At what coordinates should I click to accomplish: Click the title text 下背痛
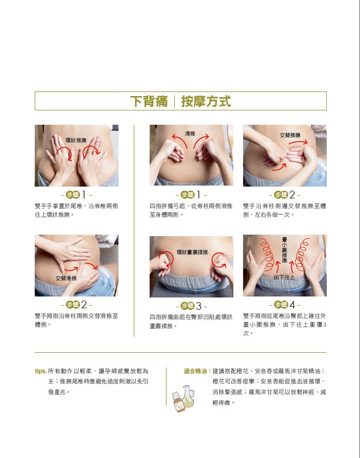(149, 101)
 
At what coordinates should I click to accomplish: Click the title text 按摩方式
(206, 101)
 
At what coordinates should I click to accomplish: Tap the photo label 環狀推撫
(76, 140)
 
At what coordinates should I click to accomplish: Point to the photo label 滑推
(190, 133)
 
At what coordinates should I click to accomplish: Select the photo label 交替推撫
(290, 135)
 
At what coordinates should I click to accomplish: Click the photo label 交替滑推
(66, 278)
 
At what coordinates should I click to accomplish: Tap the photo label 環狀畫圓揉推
(192, 252)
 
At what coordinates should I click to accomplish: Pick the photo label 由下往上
(284, 277)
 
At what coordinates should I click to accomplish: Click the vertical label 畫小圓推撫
(284, 250)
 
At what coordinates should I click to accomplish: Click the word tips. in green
(40, 371)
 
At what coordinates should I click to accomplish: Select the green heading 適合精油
(195, 371)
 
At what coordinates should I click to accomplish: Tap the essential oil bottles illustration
(183, 398)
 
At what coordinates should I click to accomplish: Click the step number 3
(199, 306)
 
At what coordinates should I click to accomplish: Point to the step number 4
(292, 305)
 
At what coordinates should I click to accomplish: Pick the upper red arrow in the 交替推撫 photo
(298, 142)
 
